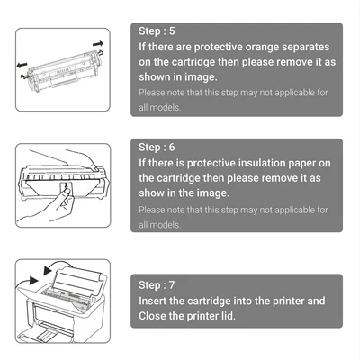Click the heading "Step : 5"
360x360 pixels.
(157, 31)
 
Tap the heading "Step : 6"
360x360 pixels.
(157, 148)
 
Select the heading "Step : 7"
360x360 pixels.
(157, 285)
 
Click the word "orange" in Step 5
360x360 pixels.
(262, 48)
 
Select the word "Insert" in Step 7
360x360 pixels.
(152, 301)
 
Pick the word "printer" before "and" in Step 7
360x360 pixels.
(288, 301)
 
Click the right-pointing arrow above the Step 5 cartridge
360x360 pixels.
(98, 44)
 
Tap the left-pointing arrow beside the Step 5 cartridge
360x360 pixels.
(22, 65)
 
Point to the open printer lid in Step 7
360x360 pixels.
(79, 278)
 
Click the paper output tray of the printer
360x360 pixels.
(46, 333)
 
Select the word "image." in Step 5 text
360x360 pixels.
(201, 77)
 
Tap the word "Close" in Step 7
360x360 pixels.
(152, 316)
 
